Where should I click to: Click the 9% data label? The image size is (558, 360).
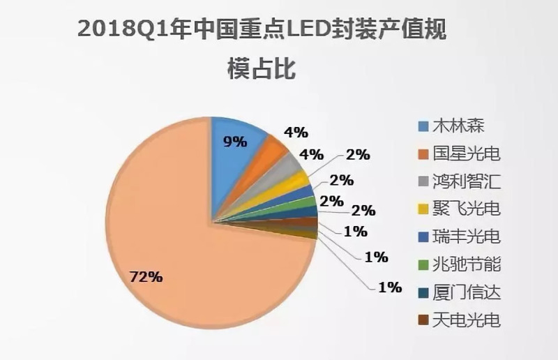pyautogui.click(x=235, y=142)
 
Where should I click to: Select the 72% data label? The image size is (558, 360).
pyautogui.click(x=146, y=277)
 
